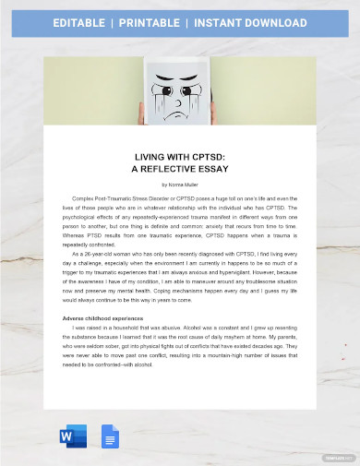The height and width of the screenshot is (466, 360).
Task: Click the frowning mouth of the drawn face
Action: point(180,113)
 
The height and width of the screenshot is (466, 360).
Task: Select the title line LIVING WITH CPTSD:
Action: point(180,157)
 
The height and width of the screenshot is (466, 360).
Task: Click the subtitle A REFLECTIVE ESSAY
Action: point(180,170)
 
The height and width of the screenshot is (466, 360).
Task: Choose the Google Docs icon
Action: point(111,436)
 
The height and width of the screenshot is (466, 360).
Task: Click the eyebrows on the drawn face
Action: point(180,85)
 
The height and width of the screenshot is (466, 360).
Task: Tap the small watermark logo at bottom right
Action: point(338,457)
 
